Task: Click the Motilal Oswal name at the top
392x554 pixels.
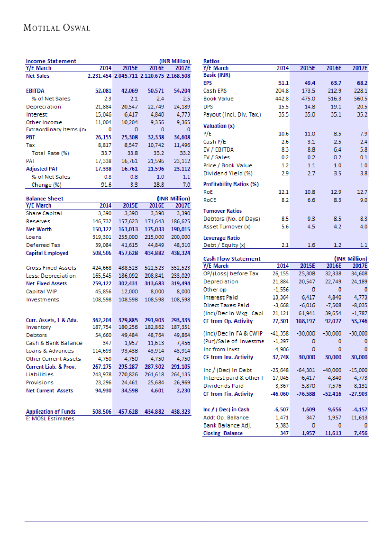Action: [x=57, y=28]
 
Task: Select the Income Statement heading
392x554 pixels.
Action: [x=51, y=61]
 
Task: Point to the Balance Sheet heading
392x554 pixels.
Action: [x=45, y=199]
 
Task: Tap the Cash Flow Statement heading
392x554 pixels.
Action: [x=232, y=259]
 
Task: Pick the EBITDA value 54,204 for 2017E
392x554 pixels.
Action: [x=182, y=90]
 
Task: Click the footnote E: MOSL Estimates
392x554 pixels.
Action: [x=50, y=418]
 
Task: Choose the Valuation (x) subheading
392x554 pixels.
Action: [x=219, y=126]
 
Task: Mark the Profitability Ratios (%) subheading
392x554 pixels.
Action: [x=231, y=184]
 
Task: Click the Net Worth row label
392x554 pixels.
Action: [x=39, y=229]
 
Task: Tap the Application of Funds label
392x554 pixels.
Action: [x=50, y=412]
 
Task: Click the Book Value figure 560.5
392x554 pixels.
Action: [x=360, y=99]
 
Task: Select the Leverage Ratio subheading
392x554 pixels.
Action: [x=221, y=238]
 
